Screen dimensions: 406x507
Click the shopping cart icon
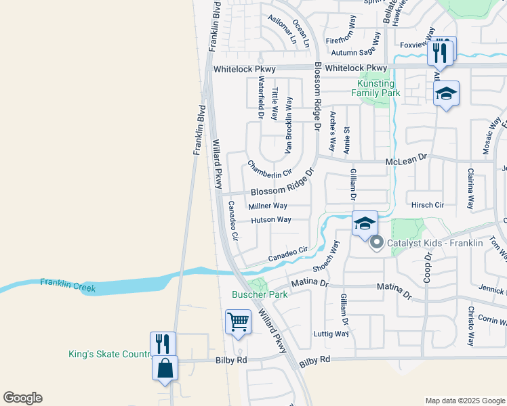(x=238, y=322)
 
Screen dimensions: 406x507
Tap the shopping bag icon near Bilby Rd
(x=165, y=368)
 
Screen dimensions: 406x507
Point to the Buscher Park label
(x=260, y=294)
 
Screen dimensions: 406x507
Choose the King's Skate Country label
(x=108, y=354)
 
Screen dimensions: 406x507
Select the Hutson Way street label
(x=270, y=220)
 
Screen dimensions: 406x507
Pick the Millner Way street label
(x=268, y=206)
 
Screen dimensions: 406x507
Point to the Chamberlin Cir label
(x=269, y=169)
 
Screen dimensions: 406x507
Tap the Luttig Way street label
(x=331, y=334)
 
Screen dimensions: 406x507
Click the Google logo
(x=22, y=398)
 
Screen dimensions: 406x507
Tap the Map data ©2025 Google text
(x=464, y=401)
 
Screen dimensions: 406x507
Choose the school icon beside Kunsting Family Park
(x=446, y=93)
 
